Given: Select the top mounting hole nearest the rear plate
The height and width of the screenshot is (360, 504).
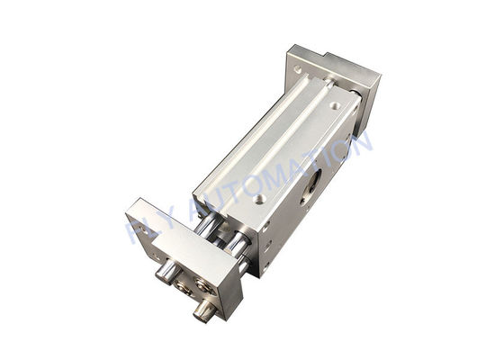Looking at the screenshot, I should pos(335,105).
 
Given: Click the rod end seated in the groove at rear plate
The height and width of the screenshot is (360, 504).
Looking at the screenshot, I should pos(331,82).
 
